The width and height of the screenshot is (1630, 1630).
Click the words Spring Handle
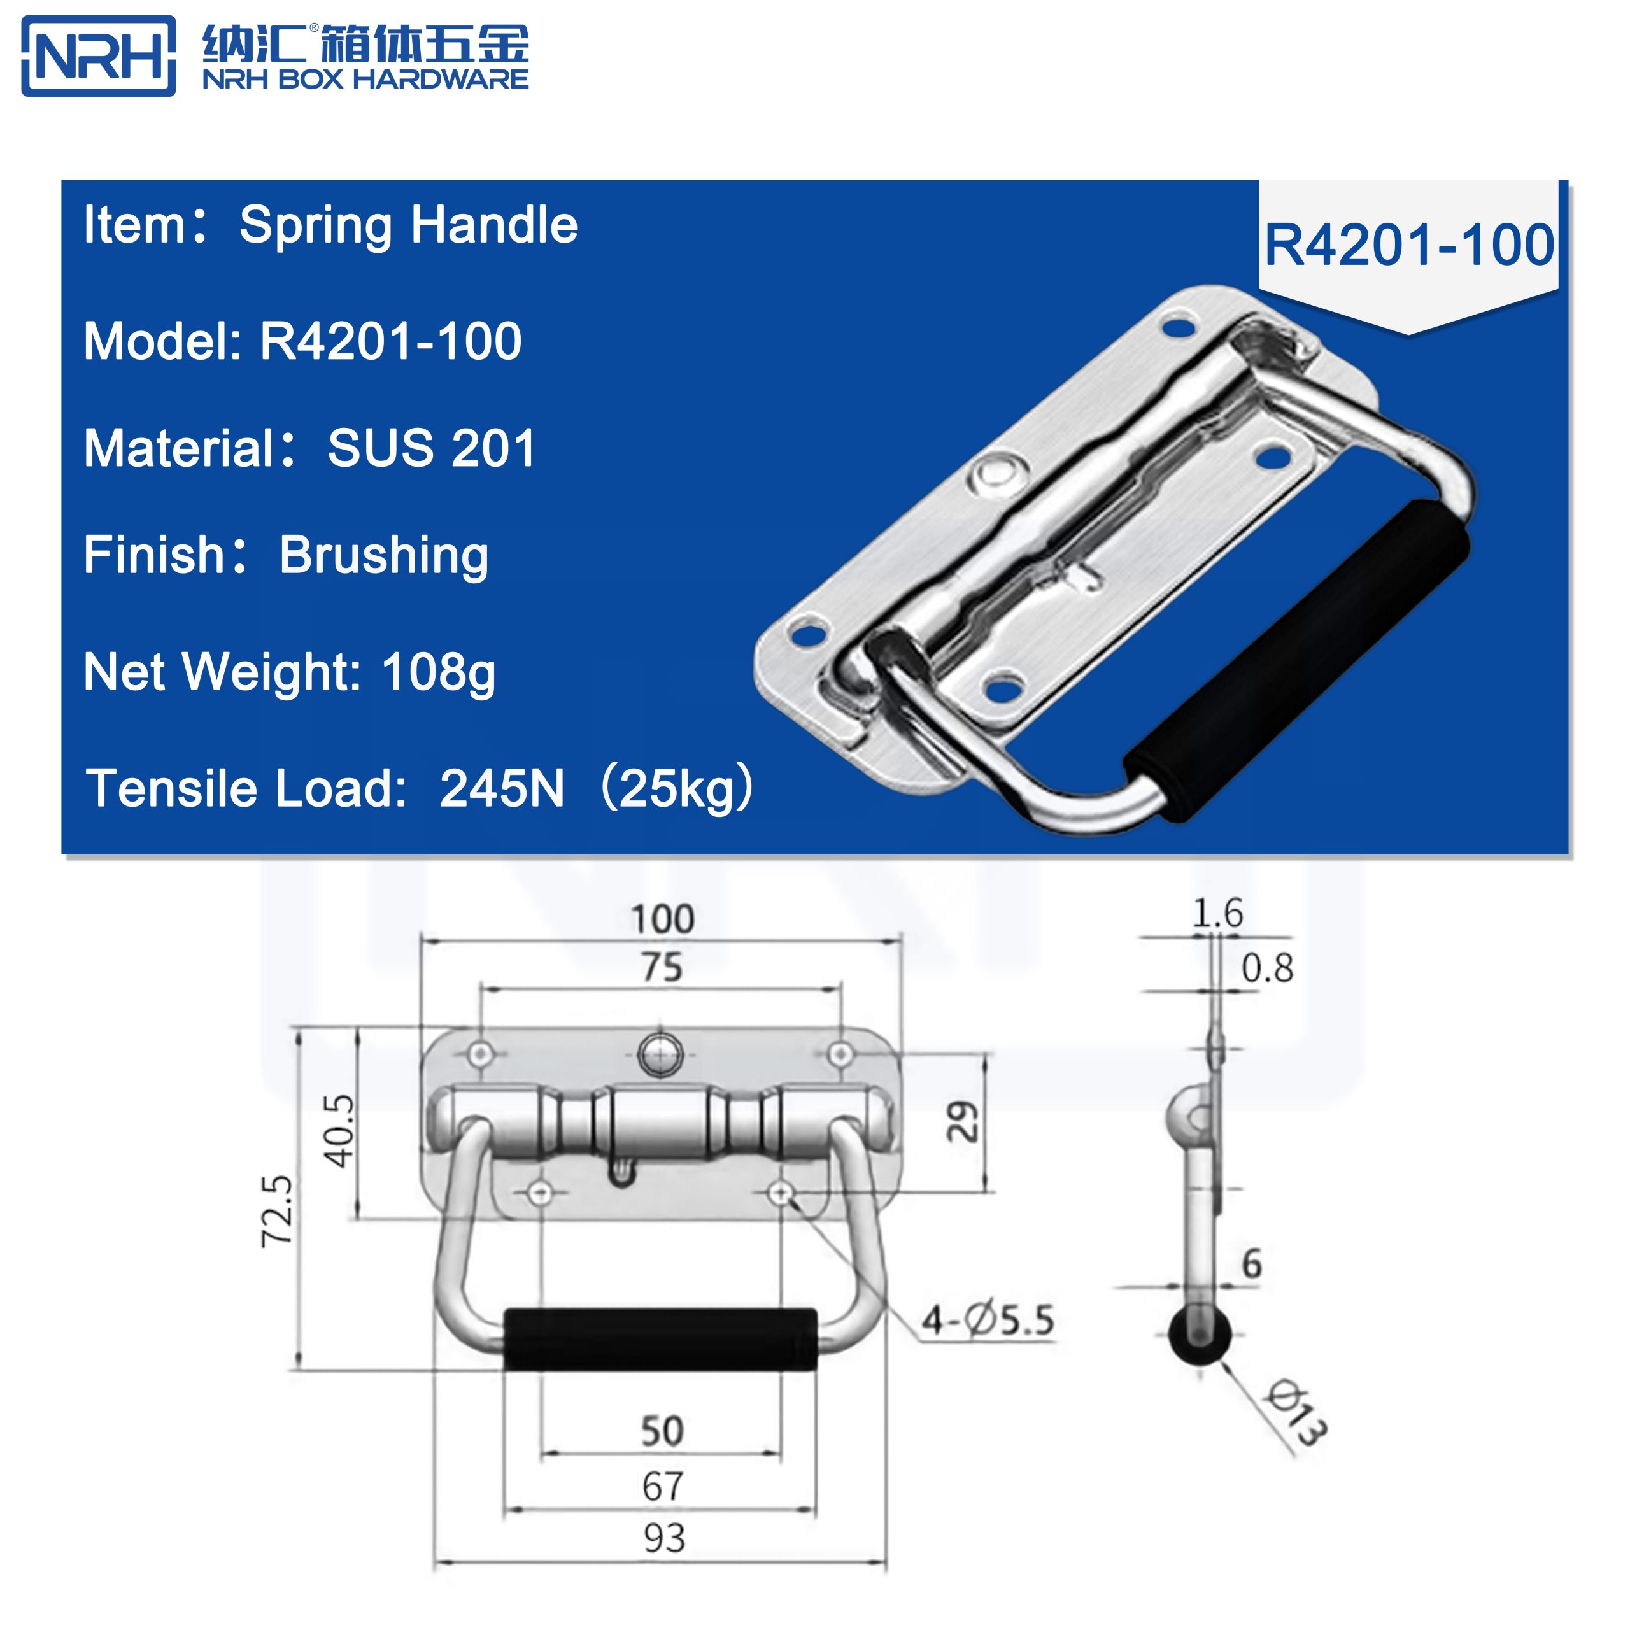coord(408,225)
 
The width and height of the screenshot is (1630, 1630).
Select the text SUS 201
coord(431,448)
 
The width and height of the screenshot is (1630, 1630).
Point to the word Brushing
coord(384,555)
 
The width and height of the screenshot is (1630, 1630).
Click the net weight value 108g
coord(439,672)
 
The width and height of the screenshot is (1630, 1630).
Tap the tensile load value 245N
coord(501,789)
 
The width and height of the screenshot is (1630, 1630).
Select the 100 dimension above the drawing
coord(662,919)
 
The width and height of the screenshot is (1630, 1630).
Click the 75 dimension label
coord(662,967)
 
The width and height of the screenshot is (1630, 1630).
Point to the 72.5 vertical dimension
coord(278,1210)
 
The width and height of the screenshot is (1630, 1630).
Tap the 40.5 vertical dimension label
coord(340,1131)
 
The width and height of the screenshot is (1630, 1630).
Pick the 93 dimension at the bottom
coord(664,1538)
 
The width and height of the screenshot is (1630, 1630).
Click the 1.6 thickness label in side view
coord(1217,914)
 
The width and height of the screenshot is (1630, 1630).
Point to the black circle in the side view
coord(1199,1335)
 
